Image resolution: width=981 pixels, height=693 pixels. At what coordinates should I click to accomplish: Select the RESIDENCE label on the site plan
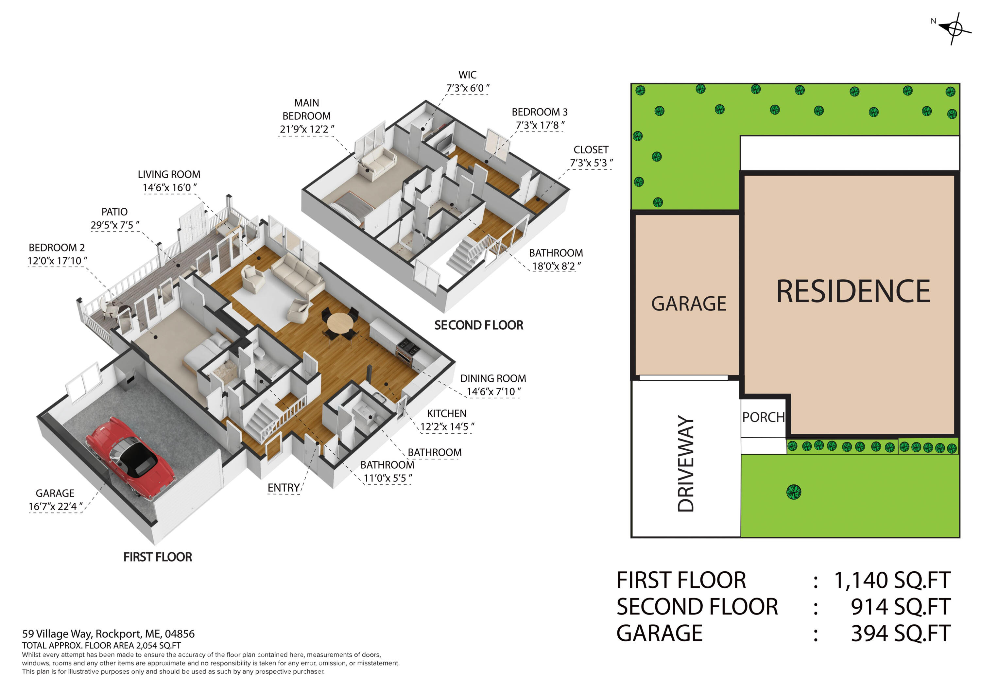pyautogui.click(x=853, y=291)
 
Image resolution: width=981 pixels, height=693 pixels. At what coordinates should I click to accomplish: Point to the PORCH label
pyautogui.click(x=763, y=417)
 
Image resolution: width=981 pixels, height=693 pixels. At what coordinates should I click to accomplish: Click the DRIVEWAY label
pyautogui.click(x=686, y=463)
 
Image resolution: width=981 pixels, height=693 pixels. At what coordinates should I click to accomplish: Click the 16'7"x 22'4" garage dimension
pyautogui.click(x=56, y=506)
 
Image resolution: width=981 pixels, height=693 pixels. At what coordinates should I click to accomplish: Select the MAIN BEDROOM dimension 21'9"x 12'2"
pyautogui.click(x=307, y=129)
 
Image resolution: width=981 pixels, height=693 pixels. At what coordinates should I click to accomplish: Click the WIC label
pyautogui.click(x=467, y=75)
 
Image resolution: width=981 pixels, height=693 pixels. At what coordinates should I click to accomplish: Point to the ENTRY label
pyautogui.click(x=283, y=488)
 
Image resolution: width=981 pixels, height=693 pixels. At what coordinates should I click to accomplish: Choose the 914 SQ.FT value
pyautogui.click(x=900, y=607)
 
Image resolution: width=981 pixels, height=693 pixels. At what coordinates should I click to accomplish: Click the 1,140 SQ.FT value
pyautogui.click(x=892, y=580)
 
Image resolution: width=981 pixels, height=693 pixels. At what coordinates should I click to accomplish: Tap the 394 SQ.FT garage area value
pyautogui.click(x=900, y=633)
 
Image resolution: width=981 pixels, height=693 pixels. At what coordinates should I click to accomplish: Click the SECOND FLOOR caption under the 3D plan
pyautogui.click(x=478, y=325)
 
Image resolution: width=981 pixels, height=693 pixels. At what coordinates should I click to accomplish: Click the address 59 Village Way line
pyautogui.click(x=108, y=633)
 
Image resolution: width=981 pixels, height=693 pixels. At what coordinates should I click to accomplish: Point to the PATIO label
pyautogui.click(x=114, y=212)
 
